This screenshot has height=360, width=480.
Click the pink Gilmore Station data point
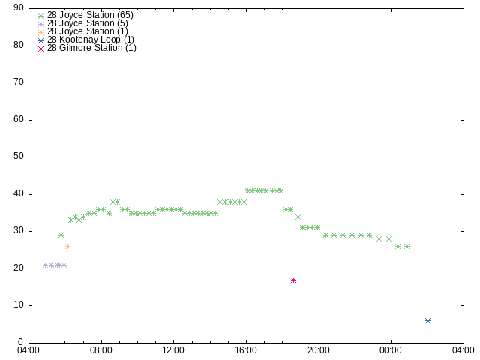click(293, 280)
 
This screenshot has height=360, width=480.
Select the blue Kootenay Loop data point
click(427, 320)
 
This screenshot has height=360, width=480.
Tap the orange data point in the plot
click(68, 247)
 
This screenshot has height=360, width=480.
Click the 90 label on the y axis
click(19, 7)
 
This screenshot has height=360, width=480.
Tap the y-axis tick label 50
click(19, 156)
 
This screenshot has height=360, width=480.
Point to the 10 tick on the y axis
click(19, 305)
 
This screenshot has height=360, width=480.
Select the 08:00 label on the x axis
click(101, 350)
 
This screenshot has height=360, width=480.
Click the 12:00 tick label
click(173, 350)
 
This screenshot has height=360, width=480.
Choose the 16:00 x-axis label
click(246, 350)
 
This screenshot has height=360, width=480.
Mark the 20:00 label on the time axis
click(319, 350)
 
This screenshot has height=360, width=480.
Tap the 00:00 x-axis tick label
click(391, 350)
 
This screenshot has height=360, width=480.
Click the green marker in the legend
click(40, 16)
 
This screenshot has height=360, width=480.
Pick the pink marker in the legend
click(40, 49)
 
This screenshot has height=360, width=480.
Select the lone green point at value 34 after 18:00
click(298, 217)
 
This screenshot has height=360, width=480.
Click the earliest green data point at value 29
click(61, 235)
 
